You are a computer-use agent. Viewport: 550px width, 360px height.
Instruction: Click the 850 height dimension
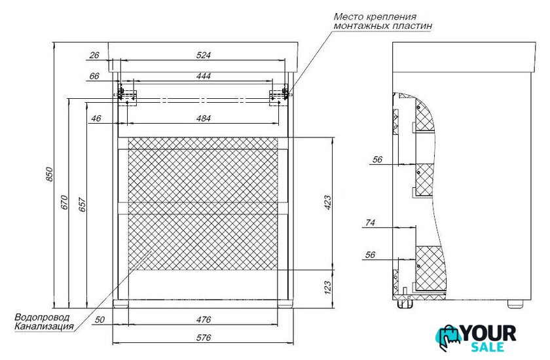coord(50,174)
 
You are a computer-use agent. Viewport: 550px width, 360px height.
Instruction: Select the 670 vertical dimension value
coord(64,202)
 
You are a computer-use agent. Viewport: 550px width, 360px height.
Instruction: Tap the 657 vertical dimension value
coord(82,204)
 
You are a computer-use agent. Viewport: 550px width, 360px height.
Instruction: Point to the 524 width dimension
coord(204,56)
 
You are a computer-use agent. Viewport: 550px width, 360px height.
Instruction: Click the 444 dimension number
coord(204,76)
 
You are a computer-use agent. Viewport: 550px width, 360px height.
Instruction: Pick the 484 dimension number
coord(204,118)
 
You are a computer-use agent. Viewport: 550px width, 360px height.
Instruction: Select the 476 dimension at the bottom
coord(204,319)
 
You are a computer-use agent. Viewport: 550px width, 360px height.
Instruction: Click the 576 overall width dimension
coord(204,338)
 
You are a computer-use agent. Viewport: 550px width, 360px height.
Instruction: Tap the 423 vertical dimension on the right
coord(327,203)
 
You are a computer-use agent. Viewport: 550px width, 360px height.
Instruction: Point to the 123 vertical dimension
coord(327,287)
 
